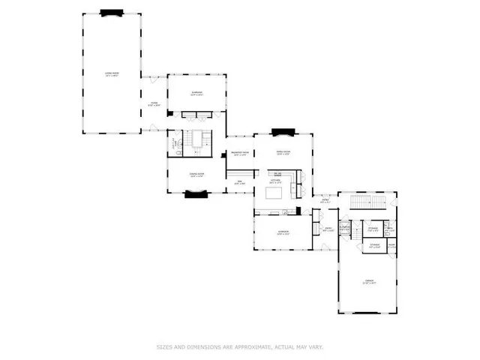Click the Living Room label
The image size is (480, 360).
tap(111, 74)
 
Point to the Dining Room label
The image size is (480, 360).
tap(196, 175)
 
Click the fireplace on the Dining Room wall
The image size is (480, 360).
tap(196, 194)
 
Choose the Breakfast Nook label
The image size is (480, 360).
tap(240, 154)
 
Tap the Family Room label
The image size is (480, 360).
tap(283, 153)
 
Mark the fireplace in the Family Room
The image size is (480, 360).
tap(283, 133)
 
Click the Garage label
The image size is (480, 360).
tap(367, 283)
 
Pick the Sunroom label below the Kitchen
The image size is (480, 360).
tap(283, 232)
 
